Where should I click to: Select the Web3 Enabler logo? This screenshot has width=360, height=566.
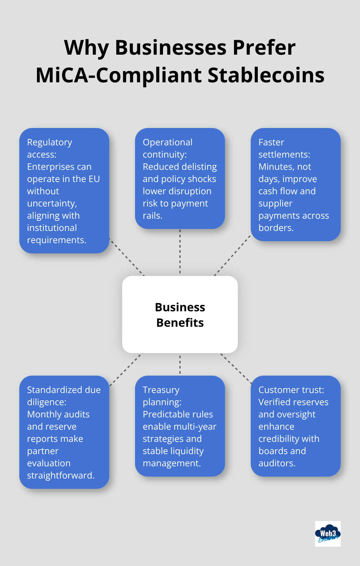pos(328,534)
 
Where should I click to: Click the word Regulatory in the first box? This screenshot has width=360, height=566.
pos(50,142)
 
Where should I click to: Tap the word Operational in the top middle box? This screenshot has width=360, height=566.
pos(167,142)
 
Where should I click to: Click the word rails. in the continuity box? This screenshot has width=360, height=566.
pos(152,215)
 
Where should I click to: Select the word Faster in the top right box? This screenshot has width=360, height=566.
pos(271,142)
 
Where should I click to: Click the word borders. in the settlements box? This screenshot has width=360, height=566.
pos(276,228)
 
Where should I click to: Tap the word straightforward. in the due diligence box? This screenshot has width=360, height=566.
pos(60,475)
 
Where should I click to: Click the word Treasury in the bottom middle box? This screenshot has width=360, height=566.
pos(161,390)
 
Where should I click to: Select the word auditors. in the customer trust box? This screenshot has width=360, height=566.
pos(277,463)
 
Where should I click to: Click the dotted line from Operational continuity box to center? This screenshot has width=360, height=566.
pos(180,252)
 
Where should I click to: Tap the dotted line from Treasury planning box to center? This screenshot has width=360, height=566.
pos(180,364)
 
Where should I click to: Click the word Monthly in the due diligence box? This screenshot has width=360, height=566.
pos(42,414)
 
